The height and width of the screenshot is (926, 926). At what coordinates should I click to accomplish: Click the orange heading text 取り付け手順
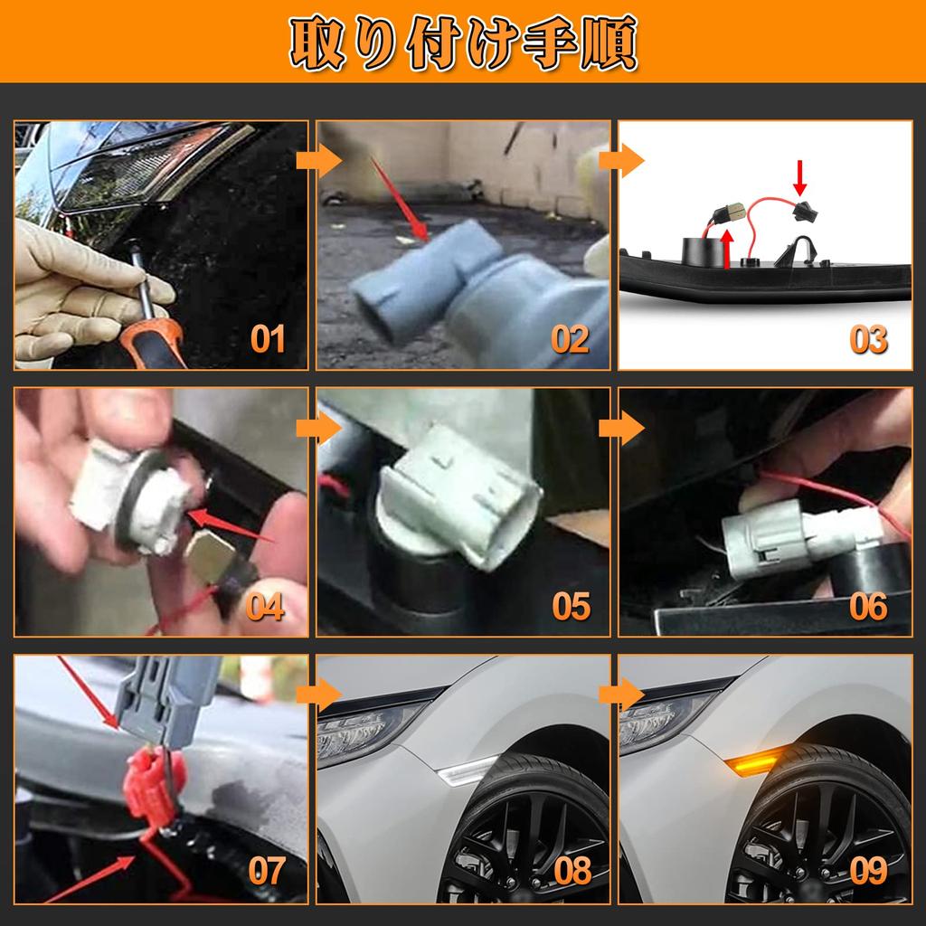click(x=464, y=43)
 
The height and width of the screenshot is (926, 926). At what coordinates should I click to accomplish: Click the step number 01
click(x=268, y=339)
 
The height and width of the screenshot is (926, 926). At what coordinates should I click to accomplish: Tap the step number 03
click(x=869, y=340)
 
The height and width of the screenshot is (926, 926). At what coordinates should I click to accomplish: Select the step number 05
click(x=572, y=607)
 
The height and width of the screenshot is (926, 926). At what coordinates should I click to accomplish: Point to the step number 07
click(x=267, y=871)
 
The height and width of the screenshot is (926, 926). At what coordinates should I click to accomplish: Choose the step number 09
click(x=869, y=871)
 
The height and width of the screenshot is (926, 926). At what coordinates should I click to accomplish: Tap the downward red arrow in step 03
click(x=800, y=178)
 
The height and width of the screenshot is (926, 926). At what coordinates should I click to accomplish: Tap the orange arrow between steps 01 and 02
click(x=319, y=159)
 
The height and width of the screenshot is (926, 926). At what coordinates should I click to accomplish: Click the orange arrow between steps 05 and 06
click(x=621, y=428)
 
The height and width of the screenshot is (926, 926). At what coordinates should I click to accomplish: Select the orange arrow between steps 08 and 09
click(x=621, y=694)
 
